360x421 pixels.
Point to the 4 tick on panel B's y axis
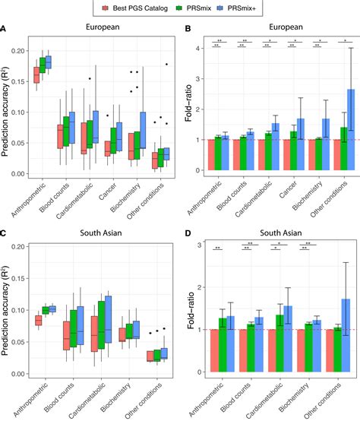[197, 49]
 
